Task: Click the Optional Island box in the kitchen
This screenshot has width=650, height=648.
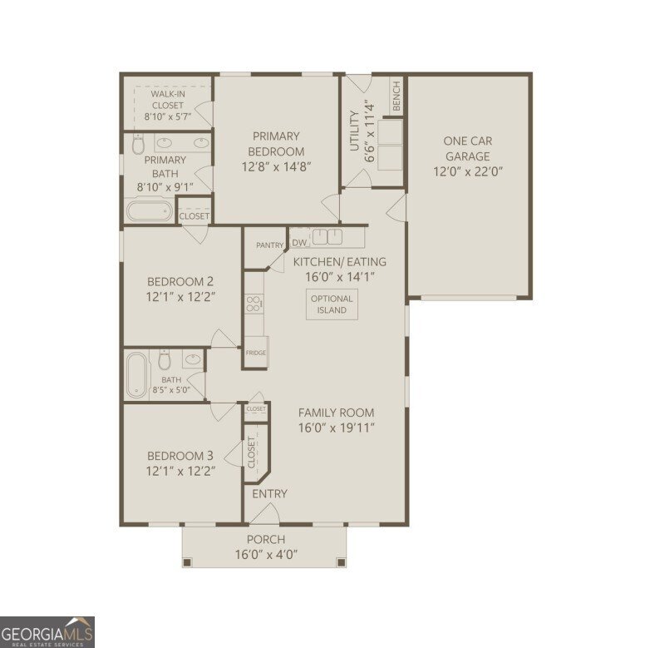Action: (332, 304)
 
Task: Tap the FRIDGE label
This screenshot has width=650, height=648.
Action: (256, 353)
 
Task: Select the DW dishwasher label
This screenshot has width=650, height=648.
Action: (299, 243)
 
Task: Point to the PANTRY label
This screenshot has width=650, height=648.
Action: (269, 245)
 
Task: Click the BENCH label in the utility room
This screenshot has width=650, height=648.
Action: (396, 96)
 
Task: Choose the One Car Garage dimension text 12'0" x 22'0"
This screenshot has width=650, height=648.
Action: (468, 172)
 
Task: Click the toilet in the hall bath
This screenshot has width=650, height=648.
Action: (165, 362)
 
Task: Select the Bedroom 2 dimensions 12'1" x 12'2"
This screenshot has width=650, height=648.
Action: (180, 296)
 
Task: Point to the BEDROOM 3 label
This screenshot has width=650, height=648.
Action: (180, 456)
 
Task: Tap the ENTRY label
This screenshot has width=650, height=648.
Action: (269, 494)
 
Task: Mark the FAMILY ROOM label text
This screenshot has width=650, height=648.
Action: (336, 413)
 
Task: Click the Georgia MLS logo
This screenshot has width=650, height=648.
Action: (47, 631)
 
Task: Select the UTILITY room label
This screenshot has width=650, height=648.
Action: (354, 131)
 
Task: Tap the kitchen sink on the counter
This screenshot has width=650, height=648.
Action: (327, 236)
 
